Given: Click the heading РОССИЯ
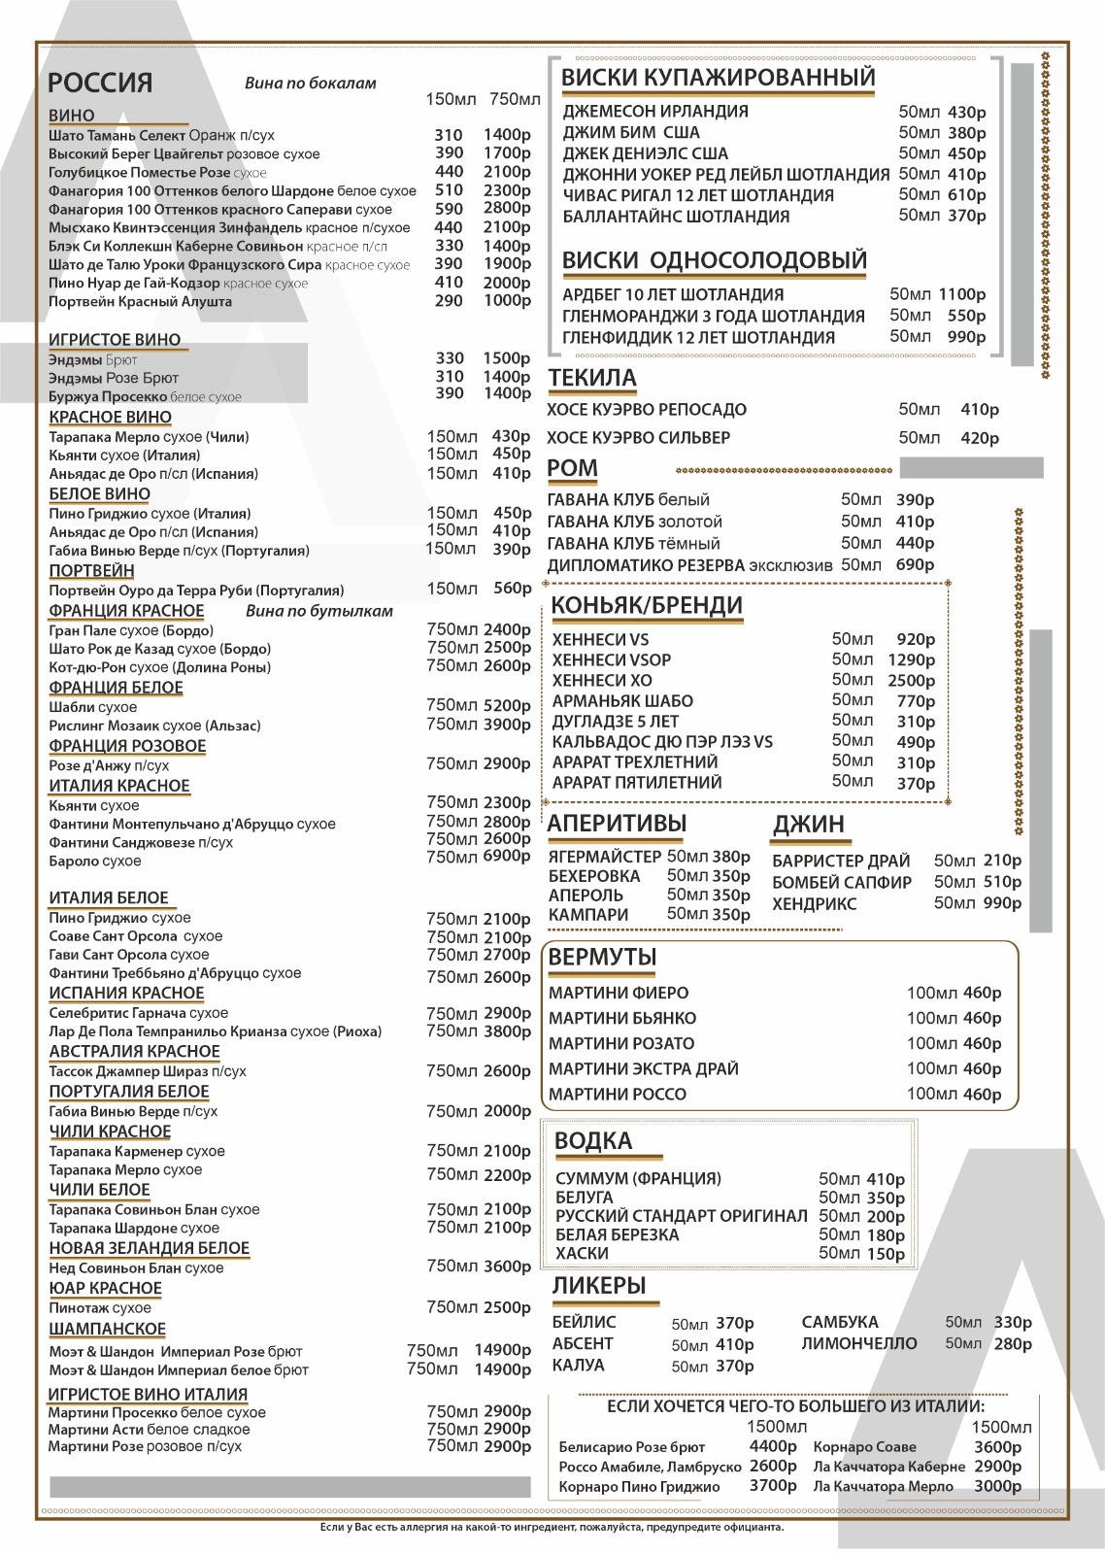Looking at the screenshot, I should click(x=100, y=83).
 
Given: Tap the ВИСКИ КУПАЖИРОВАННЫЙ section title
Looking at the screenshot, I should click(x=718, y=78).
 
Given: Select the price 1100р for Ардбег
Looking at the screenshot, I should click(x=961, y=294).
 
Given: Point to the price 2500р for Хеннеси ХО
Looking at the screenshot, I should click(x=911, y=680).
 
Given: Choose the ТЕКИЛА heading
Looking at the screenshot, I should click(x=591, y=378).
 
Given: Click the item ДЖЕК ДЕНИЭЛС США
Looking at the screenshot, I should click(x=645, y=153).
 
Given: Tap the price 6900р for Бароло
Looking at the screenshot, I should click(x=506, y=858).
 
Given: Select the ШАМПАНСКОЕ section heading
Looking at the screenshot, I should click(x=107, y=1329).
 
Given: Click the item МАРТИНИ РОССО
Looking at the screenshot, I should click(x=617, y=1094).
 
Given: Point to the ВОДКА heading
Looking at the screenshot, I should click(x=592, y=1141).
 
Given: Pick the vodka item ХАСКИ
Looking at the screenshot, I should click(x=582, y=1253).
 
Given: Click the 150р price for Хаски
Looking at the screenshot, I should click(x=886, y=1254).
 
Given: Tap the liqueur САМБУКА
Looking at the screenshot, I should click(x=840, y=1322).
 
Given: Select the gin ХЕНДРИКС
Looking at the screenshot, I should click(x=814, y=904).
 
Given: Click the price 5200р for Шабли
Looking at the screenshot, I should click(x=506, y=706).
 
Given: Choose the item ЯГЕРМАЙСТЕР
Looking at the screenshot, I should click(x=604, y=857).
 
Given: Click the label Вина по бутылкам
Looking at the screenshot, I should click(x=318, y=611).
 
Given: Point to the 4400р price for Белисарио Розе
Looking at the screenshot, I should click(x=773, y=1446).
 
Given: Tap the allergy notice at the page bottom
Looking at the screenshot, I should click(x=552, y=1528).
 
